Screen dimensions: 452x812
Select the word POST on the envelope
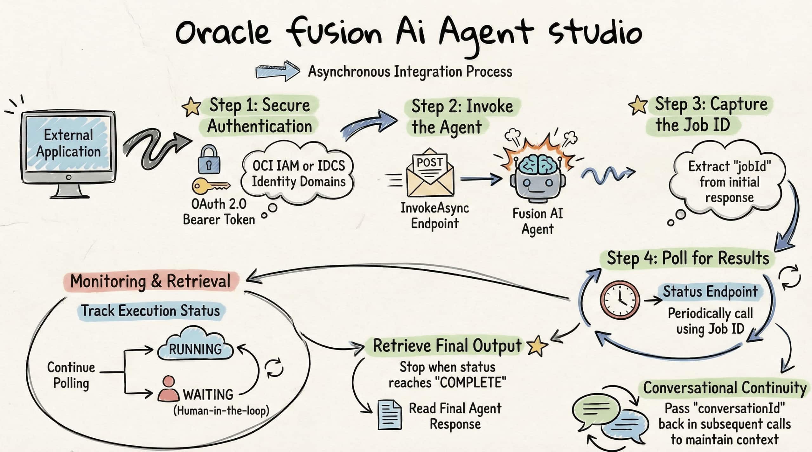click(x=429, y=163)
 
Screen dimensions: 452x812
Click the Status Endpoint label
click(x=710, y=292)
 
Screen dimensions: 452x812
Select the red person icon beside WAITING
click(x=168, y=390)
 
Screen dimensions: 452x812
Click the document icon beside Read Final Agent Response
click(x=389, y=415)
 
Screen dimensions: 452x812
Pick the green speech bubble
click(x=596, y=410)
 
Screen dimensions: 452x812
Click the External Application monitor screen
click(x=68, y=144)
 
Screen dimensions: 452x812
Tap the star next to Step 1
click(x=191, y=107)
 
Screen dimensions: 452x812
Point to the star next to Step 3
click(x=638, y=105)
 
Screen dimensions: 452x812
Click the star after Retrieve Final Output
click(x=537, y=346)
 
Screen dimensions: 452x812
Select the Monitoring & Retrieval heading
click(x=150, y=281)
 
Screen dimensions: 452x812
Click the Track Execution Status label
click(x=151, y=311)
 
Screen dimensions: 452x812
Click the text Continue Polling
click(x=71, y=375)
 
